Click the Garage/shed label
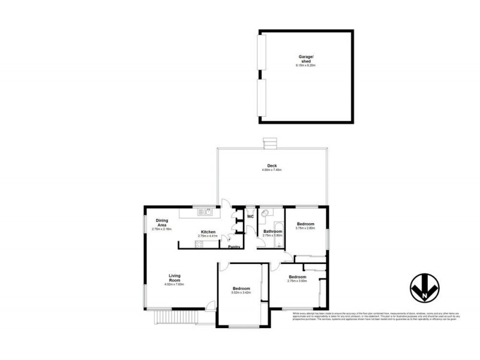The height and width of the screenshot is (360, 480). pyautogui.click(x=307, y=58)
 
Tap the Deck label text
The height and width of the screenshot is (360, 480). pyautogui.click(x=271, y=166)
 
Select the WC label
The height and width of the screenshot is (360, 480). pyautogui.click(x=250, y=217)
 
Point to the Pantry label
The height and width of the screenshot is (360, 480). pyautogui.click(x=234, y=246)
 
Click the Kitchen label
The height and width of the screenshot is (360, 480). pyautogui.click(x=208, y=232)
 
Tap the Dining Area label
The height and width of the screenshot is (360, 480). pyautogui.click(x=162, y=223)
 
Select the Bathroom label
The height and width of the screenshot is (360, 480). pyautogui.click(x=272, y=231)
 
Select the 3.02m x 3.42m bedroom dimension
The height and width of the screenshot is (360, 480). pyautogui.click(x=240, y=293)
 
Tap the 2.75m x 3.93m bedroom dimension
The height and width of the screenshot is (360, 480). pyautogui.click(x=297, y=281)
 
